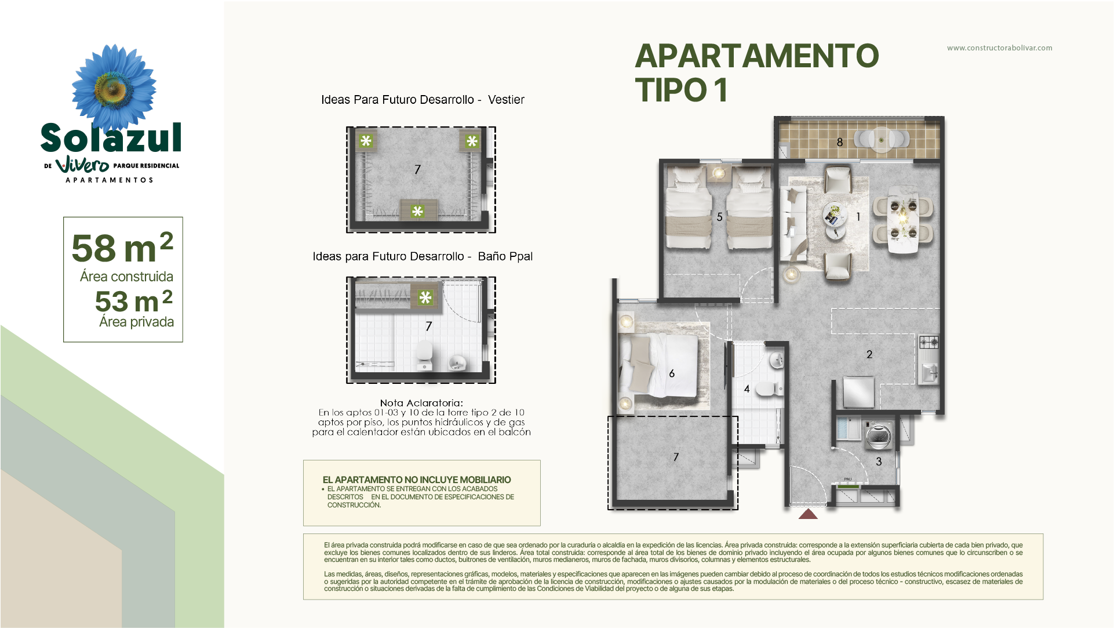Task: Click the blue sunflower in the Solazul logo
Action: [114, 87]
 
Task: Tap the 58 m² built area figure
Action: [122, 248]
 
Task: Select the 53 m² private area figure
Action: [134, 301]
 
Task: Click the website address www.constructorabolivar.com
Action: [999, 48]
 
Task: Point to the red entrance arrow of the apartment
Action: [808, 514]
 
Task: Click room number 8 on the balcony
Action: [839, 142]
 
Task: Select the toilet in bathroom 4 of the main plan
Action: [769, 389]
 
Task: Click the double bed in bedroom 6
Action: [664, 365]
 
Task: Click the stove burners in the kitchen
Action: [929, 342]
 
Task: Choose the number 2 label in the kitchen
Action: [869, 354]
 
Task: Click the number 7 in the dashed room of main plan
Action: [676, 457]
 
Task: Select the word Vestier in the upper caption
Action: [506, 100]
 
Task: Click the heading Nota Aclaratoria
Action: [421, 402]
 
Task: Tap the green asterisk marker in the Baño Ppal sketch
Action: [425, 297]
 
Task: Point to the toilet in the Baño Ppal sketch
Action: [425, 355]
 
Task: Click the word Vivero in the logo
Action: [82, 165]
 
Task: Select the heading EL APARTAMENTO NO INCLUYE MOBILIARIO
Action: [417, 480]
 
